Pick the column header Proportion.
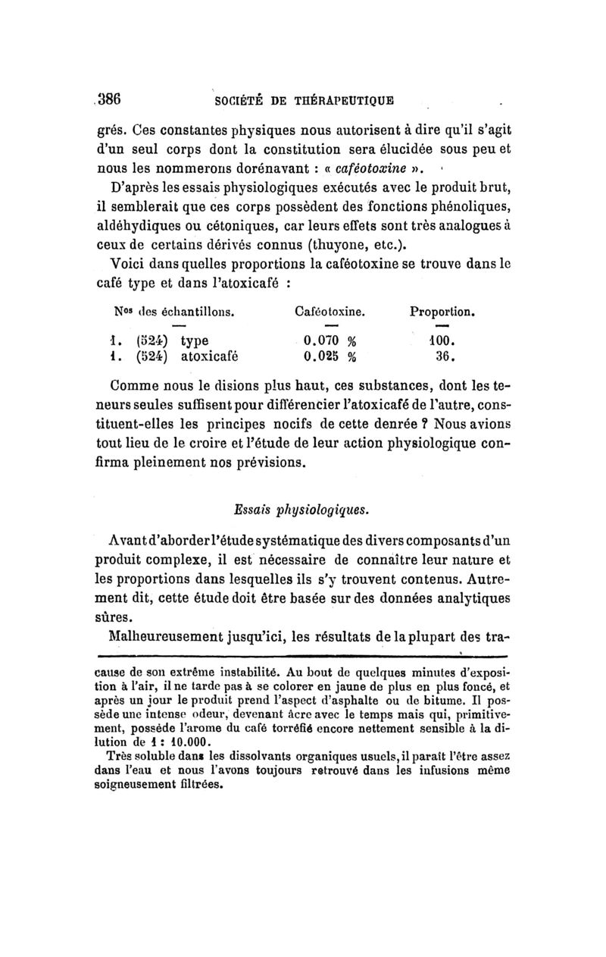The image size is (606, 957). coord(442,311)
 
